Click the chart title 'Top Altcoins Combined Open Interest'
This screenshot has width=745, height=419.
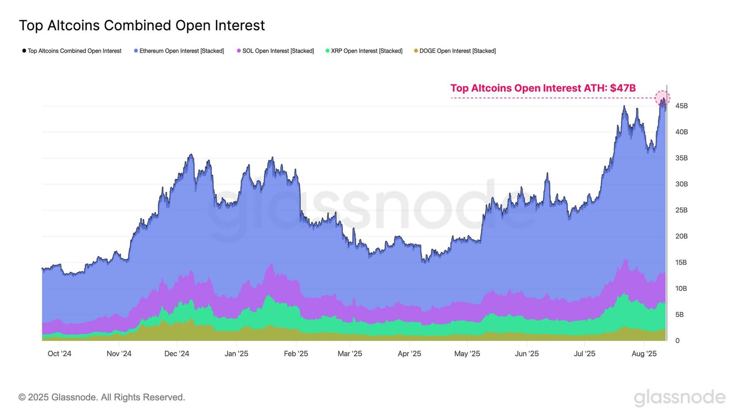pyautogui.click(x=142, y=25)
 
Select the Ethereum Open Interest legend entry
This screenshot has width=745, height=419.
pyautogui.click(x=181, y=51)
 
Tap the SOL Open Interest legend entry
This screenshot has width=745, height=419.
pyautogui.click(x=278, y=51)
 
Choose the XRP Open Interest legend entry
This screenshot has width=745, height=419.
pyautogui.click(x=366, y=51)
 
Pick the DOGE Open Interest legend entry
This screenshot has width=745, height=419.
pyautogui.click(x=457, y=51)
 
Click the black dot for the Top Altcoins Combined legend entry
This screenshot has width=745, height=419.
pyautogui.click(x=24, y=51)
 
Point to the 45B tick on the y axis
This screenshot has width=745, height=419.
pyautogui.click(x=681, y=106)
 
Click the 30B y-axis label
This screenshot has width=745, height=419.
pyautogui.click(x=681, y=184)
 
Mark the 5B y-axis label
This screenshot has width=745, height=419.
pyautogui.click(x=679, y=314)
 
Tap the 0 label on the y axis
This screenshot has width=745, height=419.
pyautogui.click(x=677, y=340)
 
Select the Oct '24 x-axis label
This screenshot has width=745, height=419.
pyautogui.click(x=59, y=353)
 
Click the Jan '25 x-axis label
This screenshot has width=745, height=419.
pyautogui.click(x=236, y=353)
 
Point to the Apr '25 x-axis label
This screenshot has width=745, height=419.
pyautogui.click(x=409, y=353)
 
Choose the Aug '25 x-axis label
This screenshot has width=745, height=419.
pyautogui.click(x=644, y=353)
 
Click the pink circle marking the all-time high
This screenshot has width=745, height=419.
pyautogui.click(x=662, y=98)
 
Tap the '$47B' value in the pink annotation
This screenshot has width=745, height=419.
pyautogui.click(x=623, y=88)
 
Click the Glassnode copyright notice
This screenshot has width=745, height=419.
pyautogui.click(x=102, y=397)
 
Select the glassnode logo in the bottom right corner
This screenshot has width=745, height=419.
pyautogui.click(x=679, y=397)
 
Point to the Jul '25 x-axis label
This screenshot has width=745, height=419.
pyautogui.click(x=584, y=353)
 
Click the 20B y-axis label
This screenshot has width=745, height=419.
pyautogui.click(x=681, y=236)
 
